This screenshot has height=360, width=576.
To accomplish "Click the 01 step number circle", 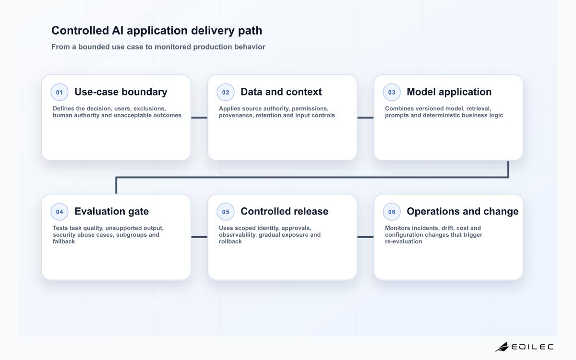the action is [x=60, y=92].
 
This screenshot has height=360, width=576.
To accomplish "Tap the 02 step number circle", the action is [x=226, y=92].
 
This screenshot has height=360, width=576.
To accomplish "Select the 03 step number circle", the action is [x=392, y=92].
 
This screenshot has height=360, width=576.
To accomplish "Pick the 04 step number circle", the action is [x=60, y=212].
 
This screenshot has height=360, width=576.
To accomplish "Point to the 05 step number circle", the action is [x=226, y=212].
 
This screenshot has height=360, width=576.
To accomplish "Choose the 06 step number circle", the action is [x=392, y=212].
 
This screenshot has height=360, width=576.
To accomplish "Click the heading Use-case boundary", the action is [x=121, y=92].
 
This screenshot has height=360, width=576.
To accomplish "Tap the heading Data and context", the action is [x=281, y=92].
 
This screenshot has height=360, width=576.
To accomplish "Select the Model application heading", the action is [x=449, y=92].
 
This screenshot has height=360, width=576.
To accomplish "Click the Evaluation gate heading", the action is [x=111, y=211].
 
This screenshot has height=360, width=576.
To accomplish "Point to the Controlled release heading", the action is [x=284, y=211].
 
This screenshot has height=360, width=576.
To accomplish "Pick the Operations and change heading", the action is [x=463, y=211].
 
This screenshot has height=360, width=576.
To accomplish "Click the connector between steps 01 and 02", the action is [x=199, y=118].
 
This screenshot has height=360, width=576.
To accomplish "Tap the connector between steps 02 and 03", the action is [x=365, y=118].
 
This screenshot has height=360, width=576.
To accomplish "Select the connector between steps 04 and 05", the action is [x=199, y=237].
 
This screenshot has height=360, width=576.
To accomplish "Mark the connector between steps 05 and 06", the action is [x=365, y=237].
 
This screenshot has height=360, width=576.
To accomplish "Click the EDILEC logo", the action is [x=524, y=347].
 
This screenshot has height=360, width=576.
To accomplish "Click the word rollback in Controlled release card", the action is [x=230, y=241].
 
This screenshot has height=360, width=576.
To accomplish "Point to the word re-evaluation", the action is [x=404, y=241].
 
